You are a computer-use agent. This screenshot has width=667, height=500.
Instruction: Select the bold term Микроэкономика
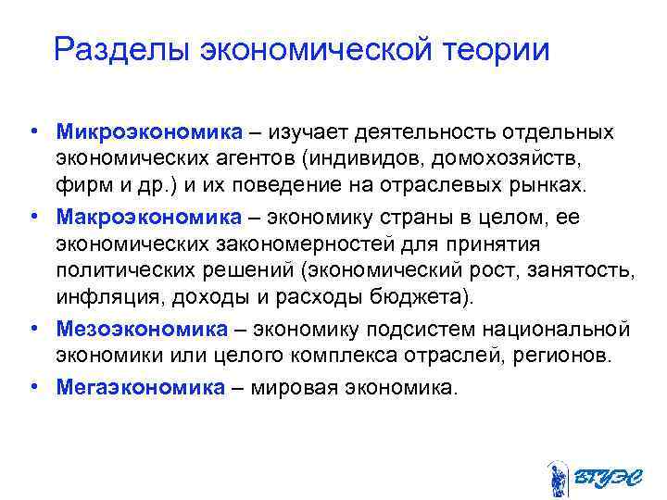135,132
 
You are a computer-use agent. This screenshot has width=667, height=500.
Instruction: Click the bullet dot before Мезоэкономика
33,328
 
